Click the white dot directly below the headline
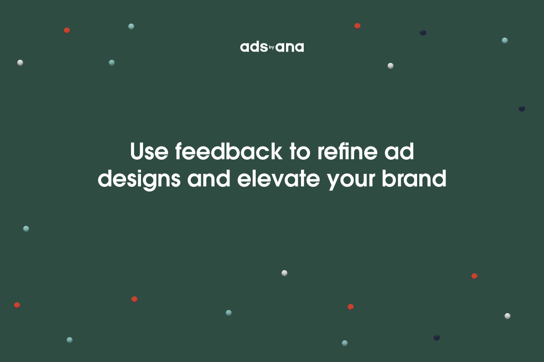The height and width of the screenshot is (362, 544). click(284, 273)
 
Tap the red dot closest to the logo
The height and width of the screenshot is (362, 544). click(357, 26)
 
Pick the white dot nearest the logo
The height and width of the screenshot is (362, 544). click(390, 66)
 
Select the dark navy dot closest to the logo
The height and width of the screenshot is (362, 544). click(423, 33)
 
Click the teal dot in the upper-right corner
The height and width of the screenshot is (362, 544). click(505, 40)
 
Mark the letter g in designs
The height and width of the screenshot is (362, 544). click(147, 181)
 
